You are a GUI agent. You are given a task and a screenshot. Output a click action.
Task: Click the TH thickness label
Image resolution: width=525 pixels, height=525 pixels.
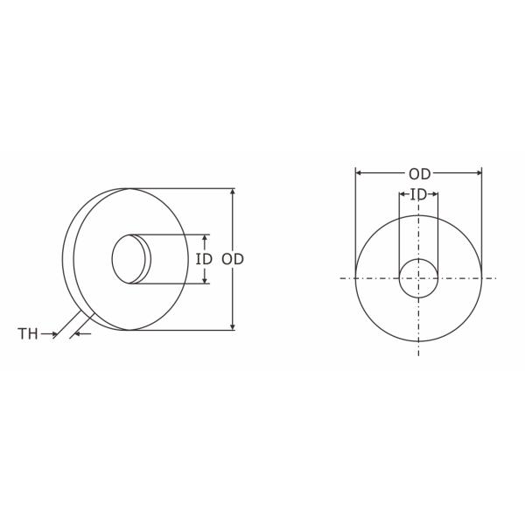click(x=28, y=333)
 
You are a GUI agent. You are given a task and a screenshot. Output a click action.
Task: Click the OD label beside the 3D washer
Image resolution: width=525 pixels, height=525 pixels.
click(x=232, y=259)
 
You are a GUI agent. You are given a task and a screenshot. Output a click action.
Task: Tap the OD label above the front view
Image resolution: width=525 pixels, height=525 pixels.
click(x=419, y=173)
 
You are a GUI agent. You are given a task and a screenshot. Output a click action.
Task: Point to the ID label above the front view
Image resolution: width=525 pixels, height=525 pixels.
click(x=418, y=194)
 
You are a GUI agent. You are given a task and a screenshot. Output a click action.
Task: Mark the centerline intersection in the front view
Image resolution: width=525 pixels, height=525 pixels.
click(x=418, y=277)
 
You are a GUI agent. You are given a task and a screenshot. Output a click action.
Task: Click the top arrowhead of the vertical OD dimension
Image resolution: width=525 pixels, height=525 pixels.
click(x=232, y=192)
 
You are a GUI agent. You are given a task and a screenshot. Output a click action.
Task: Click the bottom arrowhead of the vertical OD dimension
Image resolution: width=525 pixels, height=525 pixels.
click(x=232, y=326)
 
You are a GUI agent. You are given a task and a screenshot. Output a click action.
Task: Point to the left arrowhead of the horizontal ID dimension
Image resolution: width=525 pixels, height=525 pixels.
click(x=402, y=194)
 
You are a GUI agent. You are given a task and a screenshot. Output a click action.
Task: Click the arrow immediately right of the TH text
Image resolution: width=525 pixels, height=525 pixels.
click(x=52, y=333)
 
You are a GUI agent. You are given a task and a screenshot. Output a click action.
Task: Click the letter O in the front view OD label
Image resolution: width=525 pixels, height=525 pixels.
click(x=413, y=173)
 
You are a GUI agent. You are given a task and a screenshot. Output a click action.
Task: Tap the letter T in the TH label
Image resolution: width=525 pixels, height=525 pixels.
click(x=23, y=333)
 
